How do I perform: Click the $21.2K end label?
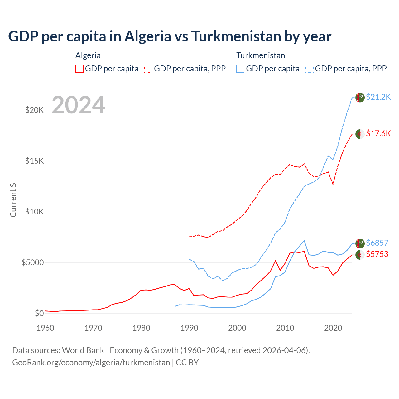(378, 97)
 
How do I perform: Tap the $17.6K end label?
(378, 134)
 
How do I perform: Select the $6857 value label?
(377, 243)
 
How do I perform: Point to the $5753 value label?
(377, 254)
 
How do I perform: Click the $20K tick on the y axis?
(34, 110)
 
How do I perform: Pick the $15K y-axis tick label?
(34, 161)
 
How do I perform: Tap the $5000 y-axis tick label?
(32, 262)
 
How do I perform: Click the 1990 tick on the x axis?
(189, 328)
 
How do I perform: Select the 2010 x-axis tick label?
(285, 328)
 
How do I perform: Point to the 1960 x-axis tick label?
(46, 328)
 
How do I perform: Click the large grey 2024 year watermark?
(78, 105)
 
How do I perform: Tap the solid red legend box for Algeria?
(79, 69)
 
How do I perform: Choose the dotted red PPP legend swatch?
(148, 69)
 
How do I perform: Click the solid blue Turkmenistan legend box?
(240, 69)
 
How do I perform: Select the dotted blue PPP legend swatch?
(310, 69)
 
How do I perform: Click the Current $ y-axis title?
(13, 200)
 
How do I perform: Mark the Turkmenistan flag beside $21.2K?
(360, 98)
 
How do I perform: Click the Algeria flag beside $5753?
(360, 255)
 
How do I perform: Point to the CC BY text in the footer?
(187, 363)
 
